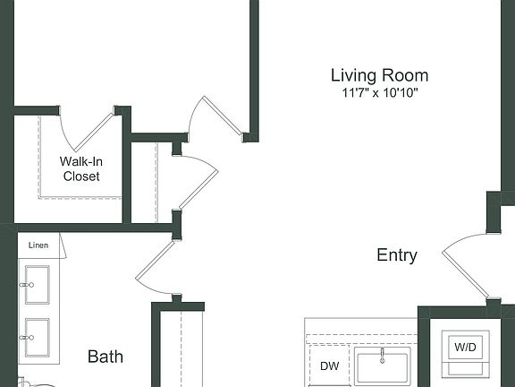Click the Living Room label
tap(379, 75)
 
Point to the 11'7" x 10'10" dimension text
tap(379, 92)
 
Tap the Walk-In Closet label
tap(80, 168)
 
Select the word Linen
tap(38, 245)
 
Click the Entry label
tap(396, 255)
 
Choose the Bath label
tap(106, 357)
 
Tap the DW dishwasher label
tap(329, 366)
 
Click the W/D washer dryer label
tap(465, 346)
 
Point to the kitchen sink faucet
tap(382, 356)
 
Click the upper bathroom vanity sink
tap(37, 285)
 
